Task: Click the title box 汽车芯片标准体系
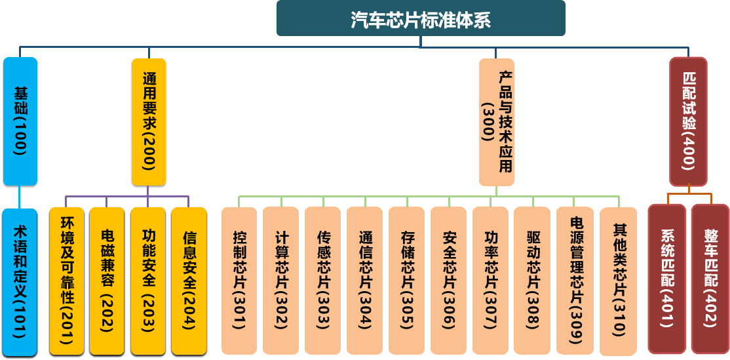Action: pyautogui.click(x=420, y=18)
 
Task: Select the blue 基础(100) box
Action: pyautogui.click(x=20, y=121)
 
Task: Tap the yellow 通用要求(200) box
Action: pyautogui.click(x=148, y=121)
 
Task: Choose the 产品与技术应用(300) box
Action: pyautogui.click(x=496, y=121)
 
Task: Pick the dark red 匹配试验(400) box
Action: pyautogui.click(x=688, y=121)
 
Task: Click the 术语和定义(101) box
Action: pyautogui.click(x=20, y=282)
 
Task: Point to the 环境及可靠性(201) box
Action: pyautogui.click(x=67, y=281)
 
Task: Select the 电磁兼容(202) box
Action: pyautogui.click(x=107, y=281)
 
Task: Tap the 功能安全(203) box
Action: pyautogui.click(x=147, y=281)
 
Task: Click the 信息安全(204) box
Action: pyautogui.click(x=189, y=281)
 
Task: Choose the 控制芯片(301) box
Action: pyautogui.click(x=239, y=281)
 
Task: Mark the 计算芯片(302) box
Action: pyautogui.click(x=281, y=281)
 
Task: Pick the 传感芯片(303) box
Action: pyautogui.click(x=322, y=281)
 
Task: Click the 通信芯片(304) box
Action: pyautogui.click(x=364, y=281)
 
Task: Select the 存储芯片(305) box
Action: pyautogui.click(x=406, y=281)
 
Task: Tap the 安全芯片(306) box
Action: pyautogui.click(x=449, y=281)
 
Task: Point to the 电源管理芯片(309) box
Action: pyautogui.click(x=575, y=281)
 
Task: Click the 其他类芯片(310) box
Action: pyautogui.click(x=617, y=281)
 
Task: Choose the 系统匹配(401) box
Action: pyautogui.click(x=667, y=279)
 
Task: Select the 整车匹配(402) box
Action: pyautogui.click(x=710, y=279)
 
